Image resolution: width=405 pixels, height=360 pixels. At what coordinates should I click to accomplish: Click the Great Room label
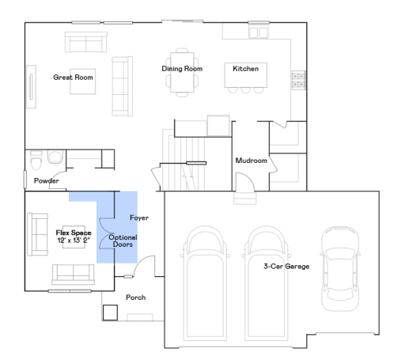tap(74, 78)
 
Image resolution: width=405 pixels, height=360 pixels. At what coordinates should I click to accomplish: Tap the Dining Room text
tap(182, 69)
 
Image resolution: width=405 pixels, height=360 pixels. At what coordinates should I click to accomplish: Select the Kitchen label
tap(245, 69)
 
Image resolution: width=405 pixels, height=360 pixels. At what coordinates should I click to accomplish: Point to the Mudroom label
tap(252, 161)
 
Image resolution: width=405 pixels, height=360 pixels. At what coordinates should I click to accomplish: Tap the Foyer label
tap(139, 218)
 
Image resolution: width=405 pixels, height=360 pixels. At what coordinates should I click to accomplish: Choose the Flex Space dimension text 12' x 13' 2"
tap(74, 239)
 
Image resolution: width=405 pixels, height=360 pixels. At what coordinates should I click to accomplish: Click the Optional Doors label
tap(122, 241)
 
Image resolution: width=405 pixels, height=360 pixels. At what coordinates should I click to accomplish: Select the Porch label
tap(136, 298)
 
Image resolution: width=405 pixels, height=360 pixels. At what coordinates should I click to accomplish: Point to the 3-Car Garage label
tap(286, 267)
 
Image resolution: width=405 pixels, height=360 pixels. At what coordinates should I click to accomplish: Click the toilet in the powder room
tap(36, 160)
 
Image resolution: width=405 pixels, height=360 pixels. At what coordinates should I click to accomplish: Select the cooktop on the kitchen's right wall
tap(299, 79)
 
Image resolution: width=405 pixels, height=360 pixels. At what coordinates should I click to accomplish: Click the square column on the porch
tap(109, 312)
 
